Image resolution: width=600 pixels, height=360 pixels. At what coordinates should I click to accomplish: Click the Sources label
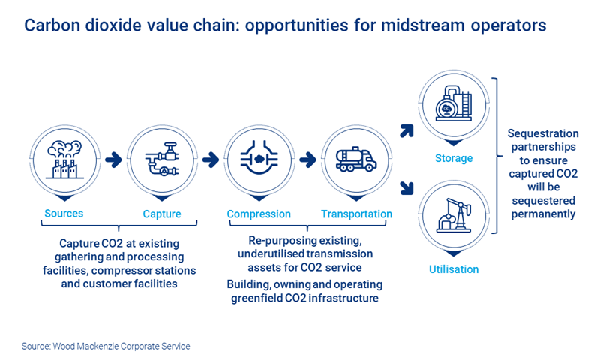coord(64,214)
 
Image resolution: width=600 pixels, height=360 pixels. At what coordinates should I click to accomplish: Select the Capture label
coord(162,214)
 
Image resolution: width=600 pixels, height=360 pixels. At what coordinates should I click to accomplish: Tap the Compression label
coord(259,214)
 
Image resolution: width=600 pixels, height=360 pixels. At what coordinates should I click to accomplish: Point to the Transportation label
coord(356,214)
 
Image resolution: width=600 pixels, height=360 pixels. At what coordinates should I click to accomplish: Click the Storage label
coord(454,158)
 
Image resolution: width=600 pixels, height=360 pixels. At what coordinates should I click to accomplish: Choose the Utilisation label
coord(454,269)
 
